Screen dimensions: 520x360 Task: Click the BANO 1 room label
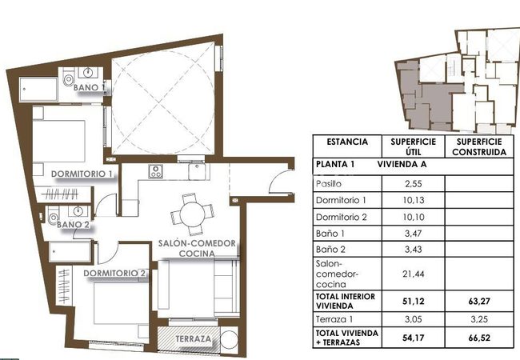[x=89, y=87]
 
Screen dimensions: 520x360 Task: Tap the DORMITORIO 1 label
[x=82, y=174]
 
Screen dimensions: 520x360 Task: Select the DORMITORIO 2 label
[x=114, y=273]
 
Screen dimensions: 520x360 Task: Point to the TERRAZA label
[x=193, y=338]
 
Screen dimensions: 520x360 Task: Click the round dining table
[x=192, y=214]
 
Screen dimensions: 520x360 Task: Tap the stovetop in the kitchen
[x=155, y=171]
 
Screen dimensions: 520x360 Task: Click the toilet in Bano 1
[x=69, y=78]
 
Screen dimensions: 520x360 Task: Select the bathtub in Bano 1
[x=38, y=89]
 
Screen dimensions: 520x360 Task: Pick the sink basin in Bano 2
[x=78, y=210]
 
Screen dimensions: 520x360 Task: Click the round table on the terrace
[x=229, y=339]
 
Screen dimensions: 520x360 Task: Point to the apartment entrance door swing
[x=281, y=181]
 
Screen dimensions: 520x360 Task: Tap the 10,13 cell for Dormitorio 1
[x=413, y=200]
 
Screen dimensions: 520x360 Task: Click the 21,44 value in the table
[x=413, y=274]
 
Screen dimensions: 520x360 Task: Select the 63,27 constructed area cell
[x=479, y=302]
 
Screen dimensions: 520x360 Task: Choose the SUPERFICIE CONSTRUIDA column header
[x=479, y=147]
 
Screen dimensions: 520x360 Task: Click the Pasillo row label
[x=328, y=184]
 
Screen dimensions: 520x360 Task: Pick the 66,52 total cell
[x=479, y=338]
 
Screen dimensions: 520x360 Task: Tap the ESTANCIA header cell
[x=347, y=142]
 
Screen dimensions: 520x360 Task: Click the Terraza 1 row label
[x=334, y=319]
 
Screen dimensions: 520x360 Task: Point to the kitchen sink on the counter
[x=197, y=171]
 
